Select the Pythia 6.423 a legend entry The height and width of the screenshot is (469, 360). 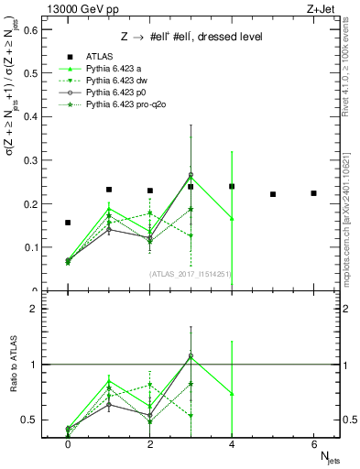111,69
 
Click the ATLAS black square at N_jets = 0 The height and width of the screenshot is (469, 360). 68,223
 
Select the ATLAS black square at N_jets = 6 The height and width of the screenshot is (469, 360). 313,193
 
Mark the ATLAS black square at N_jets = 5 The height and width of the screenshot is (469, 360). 273,194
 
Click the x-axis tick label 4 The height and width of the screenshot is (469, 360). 232,443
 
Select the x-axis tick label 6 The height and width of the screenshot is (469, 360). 313,443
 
